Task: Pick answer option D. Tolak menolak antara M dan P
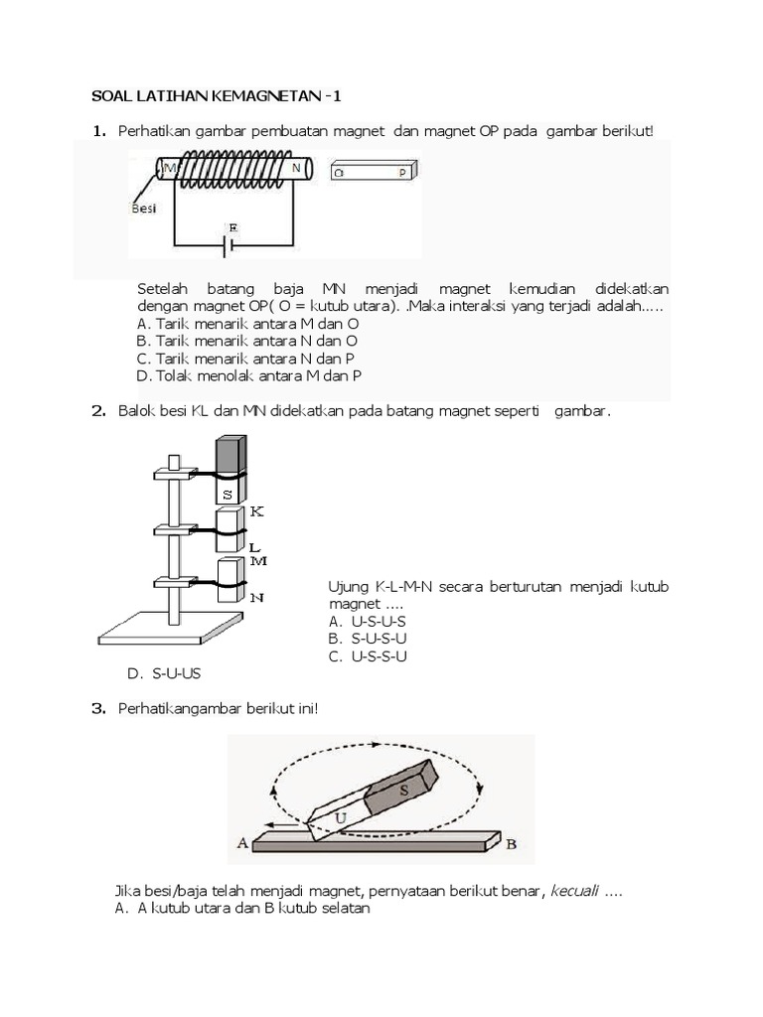tap(248, 375)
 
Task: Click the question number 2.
tap(98, 410)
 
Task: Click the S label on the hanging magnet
tap(229, 493)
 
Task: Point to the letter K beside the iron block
tap(256, 510)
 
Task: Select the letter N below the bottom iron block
tap(256, 597)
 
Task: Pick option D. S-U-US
tap(164, 673)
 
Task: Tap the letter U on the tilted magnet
tap(340, 816)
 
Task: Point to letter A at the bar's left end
tap(241, 843)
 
